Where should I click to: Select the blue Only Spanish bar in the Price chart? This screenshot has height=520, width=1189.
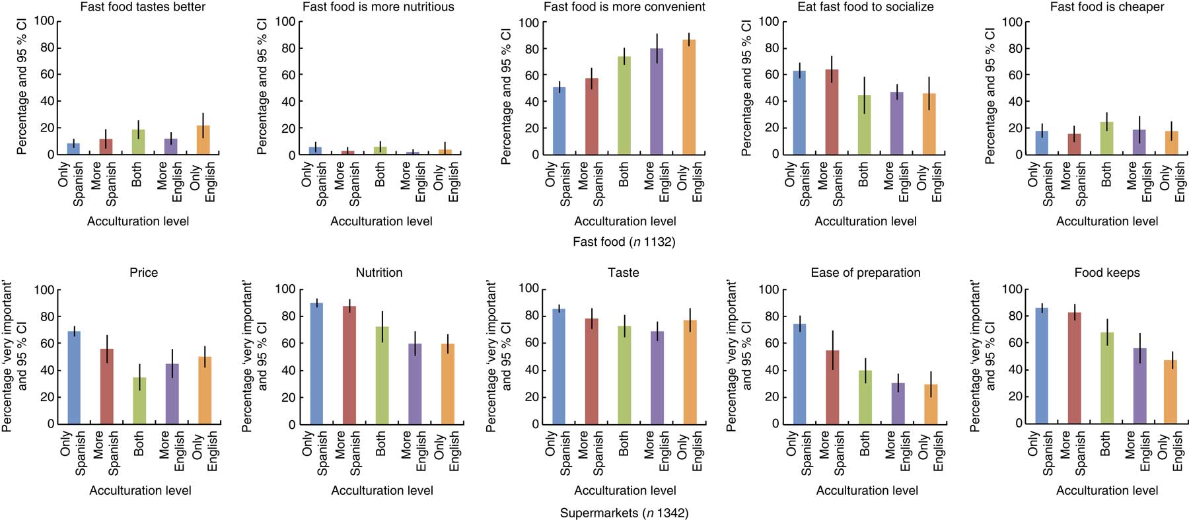[x=74, y=377]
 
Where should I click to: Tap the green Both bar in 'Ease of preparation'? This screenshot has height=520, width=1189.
[x=865, y=396]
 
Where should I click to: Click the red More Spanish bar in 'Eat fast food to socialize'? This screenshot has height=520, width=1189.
[x=832, y=112]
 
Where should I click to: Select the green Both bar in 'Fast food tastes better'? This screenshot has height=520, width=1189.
[x=138, y=142]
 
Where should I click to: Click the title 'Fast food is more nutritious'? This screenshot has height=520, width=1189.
[x=378, y=7]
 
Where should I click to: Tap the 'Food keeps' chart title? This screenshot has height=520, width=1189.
[x=1107, y=272]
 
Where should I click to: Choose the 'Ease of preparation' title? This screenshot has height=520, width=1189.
[x=865, y=272]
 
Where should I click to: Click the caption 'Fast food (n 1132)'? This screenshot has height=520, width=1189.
[x=624, y=242]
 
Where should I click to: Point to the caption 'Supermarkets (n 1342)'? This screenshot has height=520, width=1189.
[x=624, y=513]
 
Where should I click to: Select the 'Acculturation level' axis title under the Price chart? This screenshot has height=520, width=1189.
[x=140, y=490]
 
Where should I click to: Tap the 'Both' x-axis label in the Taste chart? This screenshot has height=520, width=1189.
[x=624, y=444]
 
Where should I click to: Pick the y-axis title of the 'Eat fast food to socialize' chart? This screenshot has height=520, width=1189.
[x=747, y=88]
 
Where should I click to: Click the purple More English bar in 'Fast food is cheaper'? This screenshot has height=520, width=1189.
[x=1139, y=142]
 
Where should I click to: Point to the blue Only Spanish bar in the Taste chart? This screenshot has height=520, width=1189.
[x=559, y=366]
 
